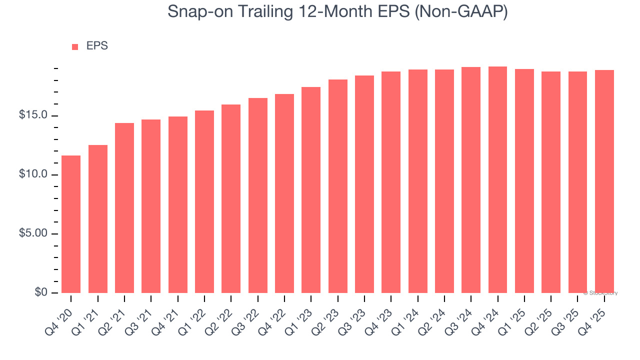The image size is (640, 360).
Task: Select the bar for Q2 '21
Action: click(124, 208)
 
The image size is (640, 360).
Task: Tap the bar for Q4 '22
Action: click(284, 193)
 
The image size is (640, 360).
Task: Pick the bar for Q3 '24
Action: click(471, 180)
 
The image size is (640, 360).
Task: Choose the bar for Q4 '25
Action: click(604, 181)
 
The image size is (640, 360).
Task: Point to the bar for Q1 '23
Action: click(311, 190)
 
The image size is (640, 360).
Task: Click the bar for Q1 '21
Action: click(98, 219)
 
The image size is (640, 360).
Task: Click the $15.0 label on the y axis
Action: click(33, 115)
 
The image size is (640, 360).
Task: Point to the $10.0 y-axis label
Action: click(33, 174)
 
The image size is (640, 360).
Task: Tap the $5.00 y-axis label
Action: click(33, 233)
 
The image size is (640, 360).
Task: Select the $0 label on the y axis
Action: click(41, 292)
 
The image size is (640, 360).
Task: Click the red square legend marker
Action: click(75, 47)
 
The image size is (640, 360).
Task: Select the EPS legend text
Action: click(97, 46)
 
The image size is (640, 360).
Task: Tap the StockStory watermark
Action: click(600, 293)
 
